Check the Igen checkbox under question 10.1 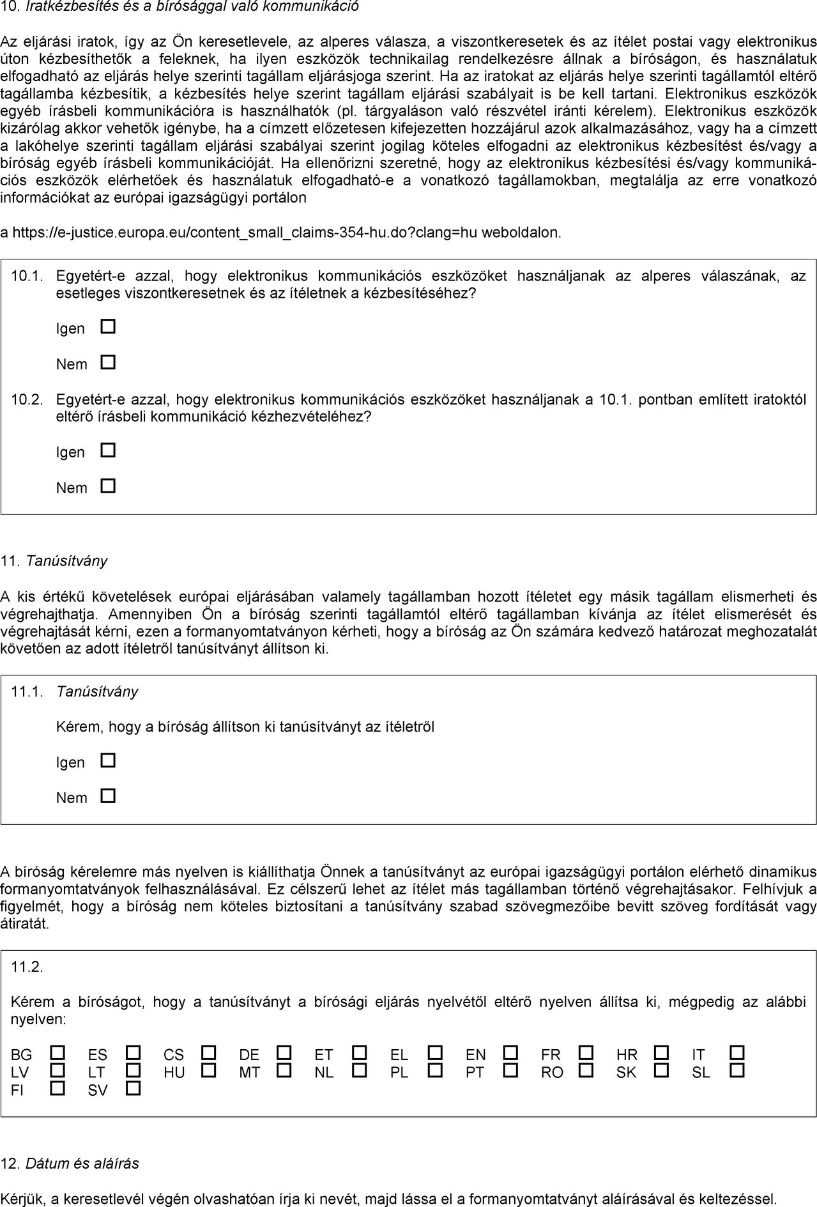pos(109,327)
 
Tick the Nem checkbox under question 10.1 pos(109,362)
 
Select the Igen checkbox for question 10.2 pos(109,450)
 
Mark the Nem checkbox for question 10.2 pos(109,486)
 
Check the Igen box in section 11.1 pos(109,760)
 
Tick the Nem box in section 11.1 pos(109,796)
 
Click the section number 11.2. pos(27,967)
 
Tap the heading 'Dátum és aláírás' pos(82,1163)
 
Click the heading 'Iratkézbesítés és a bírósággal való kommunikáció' pos(192,7)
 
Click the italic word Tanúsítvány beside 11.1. pos(97,691)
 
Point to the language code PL pos(399,1073)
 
